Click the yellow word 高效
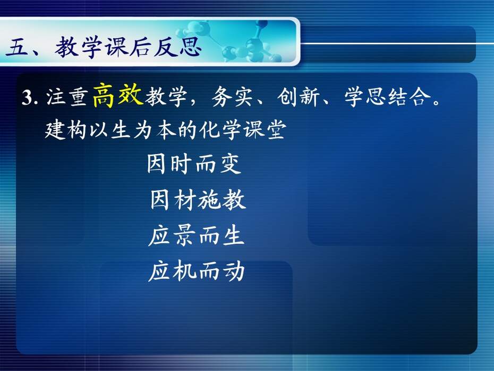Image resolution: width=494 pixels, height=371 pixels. point(118,95)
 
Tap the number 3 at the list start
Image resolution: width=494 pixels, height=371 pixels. point(28,97)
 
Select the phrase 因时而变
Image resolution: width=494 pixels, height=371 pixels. point(194,163)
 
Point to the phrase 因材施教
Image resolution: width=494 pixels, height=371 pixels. point(198,200)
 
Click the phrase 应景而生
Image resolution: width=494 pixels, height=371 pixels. point(197,236)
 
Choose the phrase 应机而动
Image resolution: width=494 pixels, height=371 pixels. point(197,271)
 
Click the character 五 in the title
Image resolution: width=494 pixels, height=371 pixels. point(16,47)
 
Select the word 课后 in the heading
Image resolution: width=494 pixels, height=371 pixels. point(128,47)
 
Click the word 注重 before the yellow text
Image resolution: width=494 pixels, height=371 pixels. point(66,97)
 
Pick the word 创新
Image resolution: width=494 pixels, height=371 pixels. point(299,97)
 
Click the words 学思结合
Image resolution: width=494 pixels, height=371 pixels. point(388,97)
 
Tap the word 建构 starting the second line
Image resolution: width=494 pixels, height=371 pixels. point(65,130)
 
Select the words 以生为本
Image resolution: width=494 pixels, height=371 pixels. point(132,130)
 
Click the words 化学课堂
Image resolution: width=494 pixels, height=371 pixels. point(243,130)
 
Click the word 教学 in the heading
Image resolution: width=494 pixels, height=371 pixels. point(78,47)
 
